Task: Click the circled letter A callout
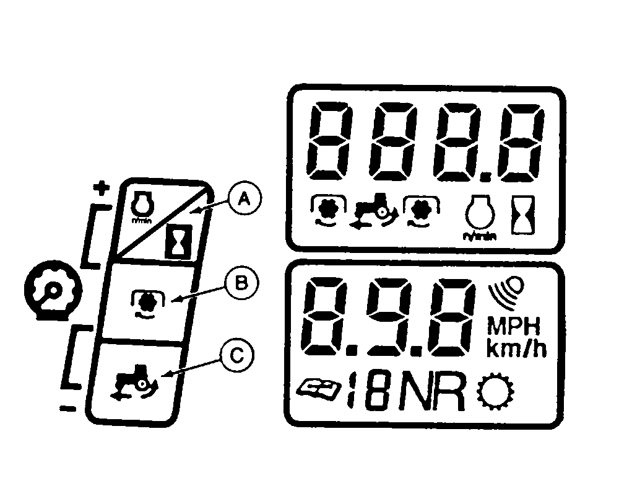tap(244, 201)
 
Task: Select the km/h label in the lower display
tap(516, 348)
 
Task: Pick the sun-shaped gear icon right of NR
tap(496, 392)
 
